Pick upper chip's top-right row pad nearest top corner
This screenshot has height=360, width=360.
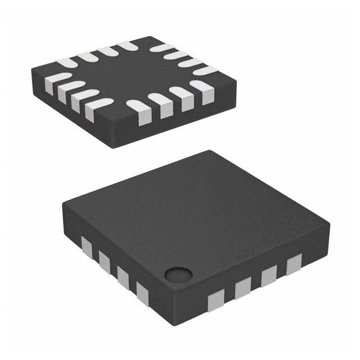click(160, 47)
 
